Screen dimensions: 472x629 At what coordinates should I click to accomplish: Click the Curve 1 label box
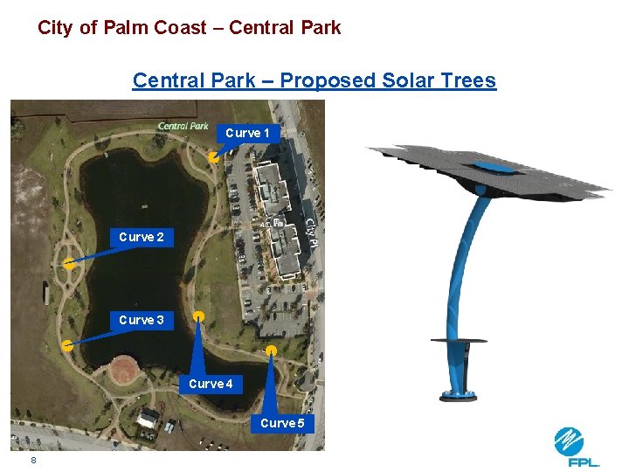tap(247, 133)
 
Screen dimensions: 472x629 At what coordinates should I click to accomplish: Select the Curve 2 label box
tap(142, 237)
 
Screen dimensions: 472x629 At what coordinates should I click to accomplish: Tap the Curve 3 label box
tap(142, 320)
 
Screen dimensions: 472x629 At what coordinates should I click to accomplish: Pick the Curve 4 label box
tap(211, 384)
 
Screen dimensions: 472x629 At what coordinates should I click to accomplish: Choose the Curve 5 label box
tap(282, 423)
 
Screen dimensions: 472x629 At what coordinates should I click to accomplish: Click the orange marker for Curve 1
tap(213, 157)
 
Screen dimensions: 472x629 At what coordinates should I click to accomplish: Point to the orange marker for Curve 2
tap(68, 262)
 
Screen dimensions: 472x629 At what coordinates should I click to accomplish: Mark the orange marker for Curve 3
tap(67, 345)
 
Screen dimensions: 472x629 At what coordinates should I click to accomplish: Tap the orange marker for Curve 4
tap(199, 316)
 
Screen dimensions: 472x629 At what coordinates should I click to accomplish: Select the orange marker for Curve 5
tap(272, 351)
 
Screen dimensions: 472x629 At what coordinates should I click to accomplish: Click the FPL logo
tap(577, 447)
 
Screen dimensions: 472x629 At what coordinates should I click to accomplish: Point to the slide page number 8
tap(33, 460)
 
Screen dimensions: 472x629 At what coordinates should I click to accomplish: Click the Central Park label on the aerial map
tap(183, 126)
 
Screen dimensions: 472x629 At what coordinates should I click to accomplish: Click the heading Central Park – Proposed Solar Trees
tap(314, 81)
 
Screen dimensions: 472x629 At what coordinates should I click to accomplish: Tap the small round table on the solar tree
tap(460, 340)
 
